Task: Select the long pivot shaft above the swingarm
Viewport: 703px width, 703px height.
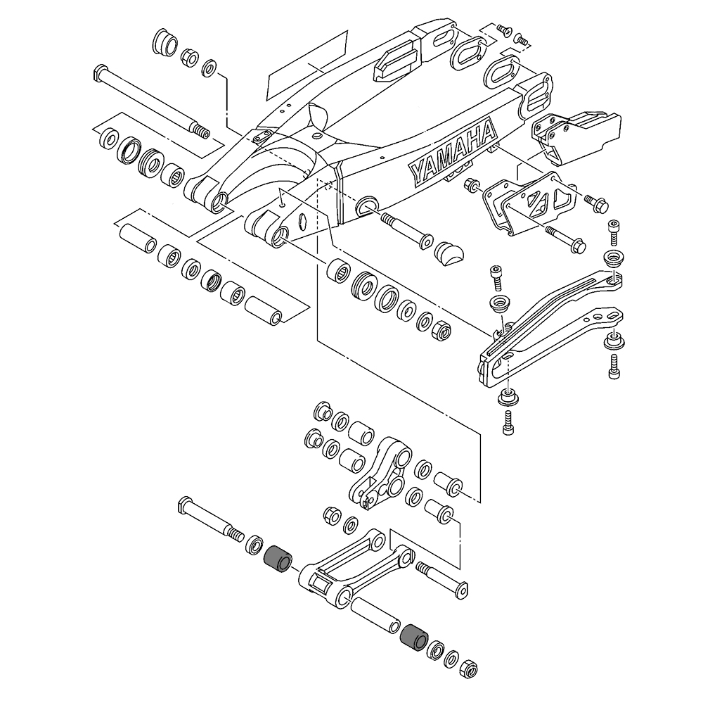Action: pyautogui.click(x=148, y=102)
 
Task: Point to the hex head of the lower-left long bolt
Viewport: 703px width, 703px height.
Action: pyautogui.click(x=185, y=505)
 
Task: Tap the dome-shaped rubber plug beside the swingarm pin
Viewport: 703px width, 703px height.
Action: pyautogui.click(x=449, y=251)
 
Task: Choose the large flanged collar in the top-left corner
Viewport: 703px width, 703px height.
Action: pyautogui.click(x=165, y=44)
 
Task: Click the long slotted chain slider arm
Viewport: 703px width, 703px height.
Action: pyautogui.click(x=548, y=324)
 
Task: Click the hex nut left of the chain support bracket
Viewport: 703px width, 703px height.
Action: pyautogui.click(x=471, y=185)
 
